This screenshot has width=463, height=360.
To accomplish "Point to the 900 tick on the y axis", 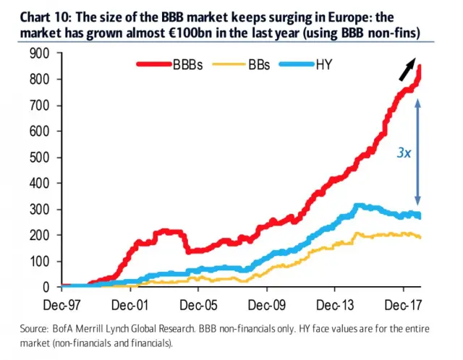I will click(41, 53).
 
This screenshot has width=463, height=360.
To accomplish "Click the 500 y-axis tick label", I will click(41, 158).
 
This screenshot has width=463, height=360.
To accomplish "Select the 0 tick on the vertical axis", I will click(46, 288).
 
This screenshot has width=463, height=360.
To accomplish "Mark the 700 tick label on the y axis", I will click(41, 106).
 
